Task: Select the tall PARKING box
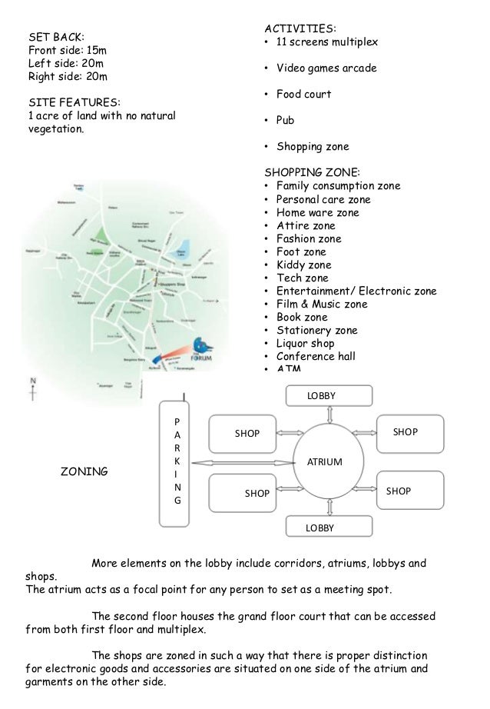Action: click(x=177, y=461)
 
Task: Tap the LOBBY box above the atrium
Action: click(x=328, y=396)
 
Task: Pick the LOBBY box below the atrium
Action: click(x=328, y=528)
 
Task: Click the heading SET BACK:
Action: click(x=57, y=36)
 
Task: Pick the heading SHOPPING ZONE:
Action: click(x=311, y=172)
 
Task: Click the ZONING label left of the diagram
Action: click(x=84, y=471)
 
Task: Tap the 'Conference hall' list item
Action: click(x=316, y=356)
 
